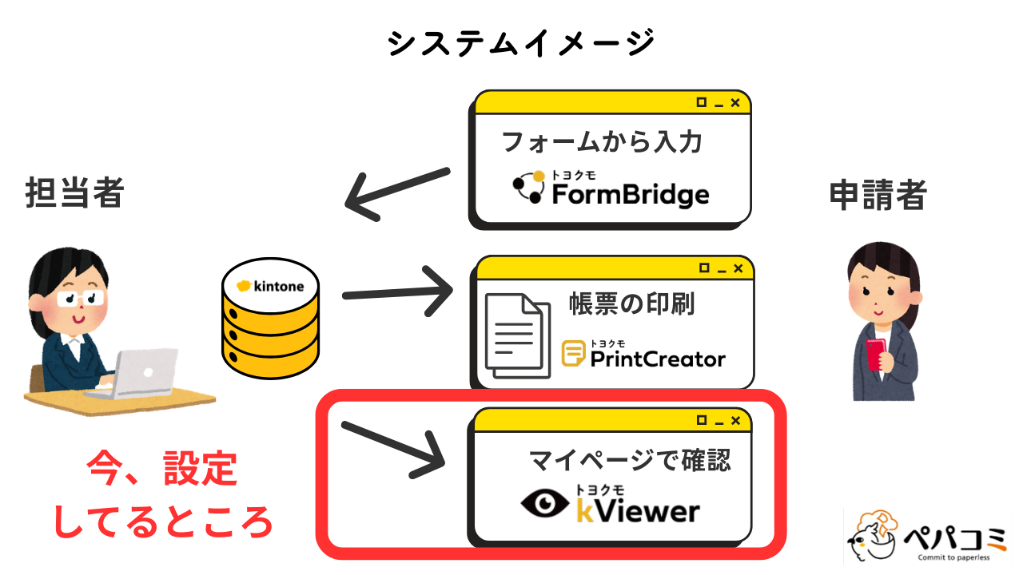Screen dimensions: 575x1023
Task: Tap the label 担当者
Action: (x=74, y=193)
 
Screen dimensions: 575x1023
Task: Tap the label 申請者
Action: (x=878, y=195)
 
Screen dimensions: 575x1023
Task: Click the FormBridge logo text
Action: (x=629, y=194)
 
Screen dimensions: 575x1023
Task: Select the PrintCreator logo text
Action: (x=657, y=359)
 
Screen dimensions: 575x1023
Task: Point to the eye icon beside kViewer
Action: (x=547, y=503)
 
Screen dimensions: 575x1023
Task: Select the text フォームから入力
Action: (x=601, y=142)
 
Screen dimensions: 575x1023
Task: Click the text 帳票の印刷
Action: (x=631, y=303)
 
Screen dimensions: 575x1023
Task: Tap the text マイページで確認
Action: (x=630, y=460)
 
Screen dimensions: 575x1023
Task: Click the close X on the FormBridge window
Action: (x=735, y=102)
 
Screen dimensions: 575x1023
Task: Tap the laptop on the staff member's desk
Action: (x=144, y=372)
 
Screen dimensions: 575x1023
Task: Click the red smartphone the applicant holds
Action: (x=877, y=352)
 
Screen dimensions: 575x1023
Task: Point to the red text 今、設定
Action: (x=161, y=469)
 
